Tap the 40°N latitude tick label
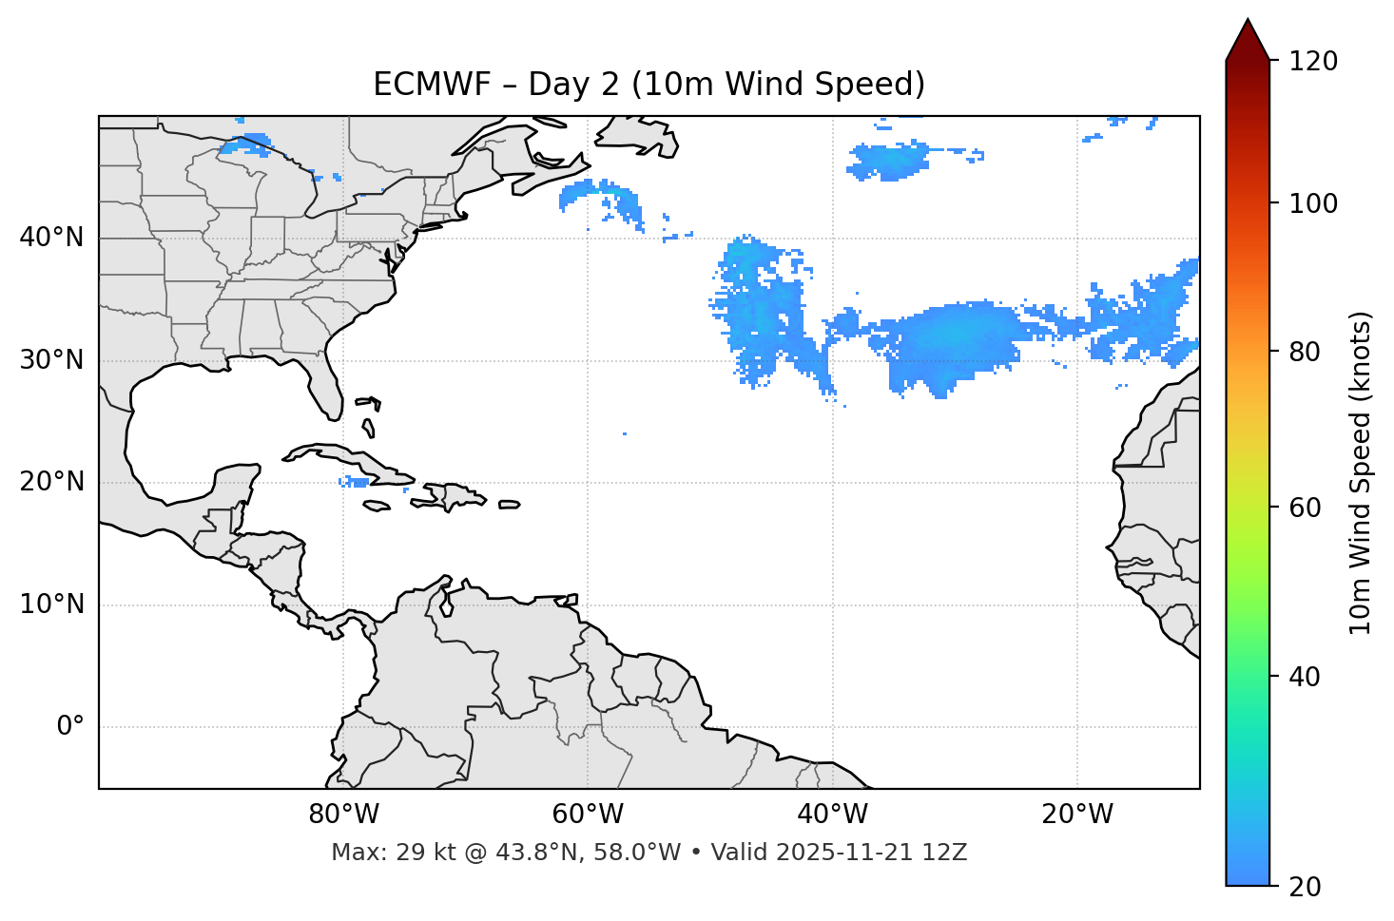51,238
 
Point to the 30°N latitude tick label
51,360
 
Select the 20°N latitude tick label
51,482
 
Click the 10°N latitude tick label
51,604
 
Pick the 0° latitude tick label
69,727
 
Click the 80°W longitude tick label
343,815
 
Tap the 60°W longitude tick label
588,815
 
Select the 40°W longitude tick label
832,815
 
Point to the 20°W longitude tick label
1076,815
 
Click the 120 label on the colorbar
1313,62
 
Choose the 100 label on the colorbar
1313,203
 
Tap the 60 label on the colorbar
1307,508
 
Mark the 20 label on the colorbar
1307,887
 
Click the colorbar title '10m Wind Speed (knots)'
1361,472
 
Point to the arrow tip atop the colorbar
1248,20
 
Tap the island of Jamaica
377,506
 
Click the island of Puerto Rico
510,505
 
